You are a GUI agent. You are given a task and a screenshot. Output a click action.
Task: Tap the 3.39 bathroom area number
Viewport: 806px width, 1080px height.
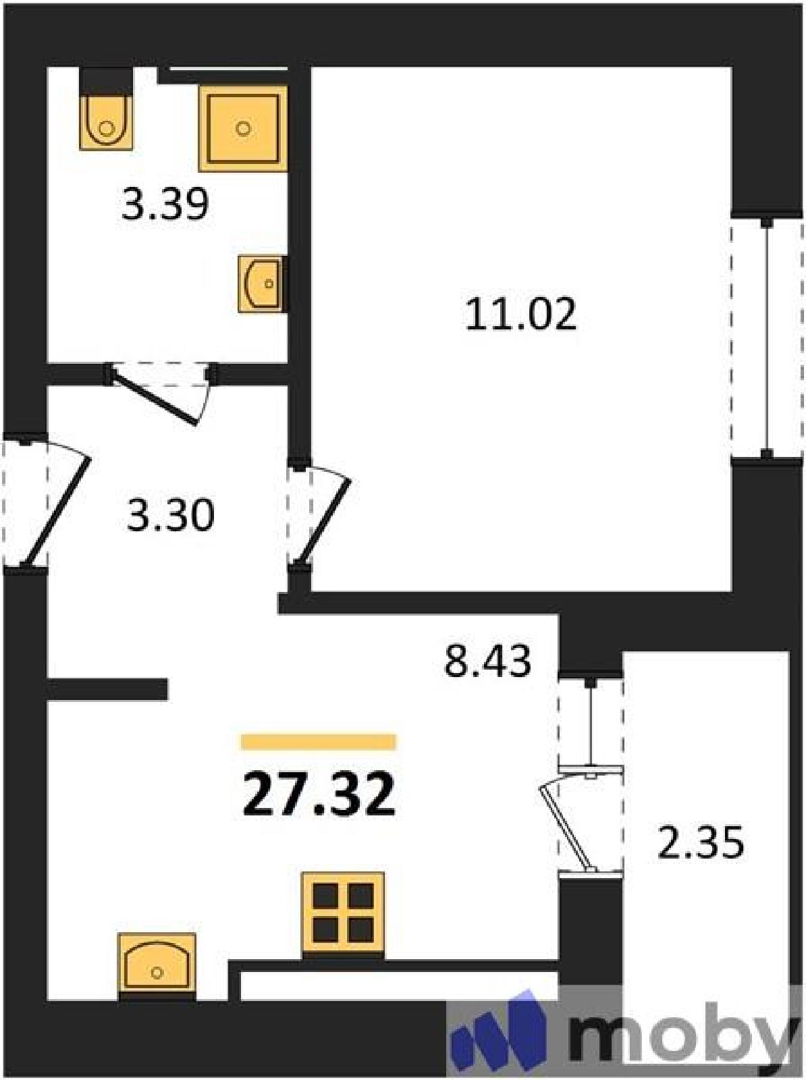[x=165, y=205]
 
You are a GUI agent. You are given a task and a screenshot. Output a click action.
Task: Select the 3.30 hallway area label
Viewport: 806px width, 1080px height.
[x=170, y=514]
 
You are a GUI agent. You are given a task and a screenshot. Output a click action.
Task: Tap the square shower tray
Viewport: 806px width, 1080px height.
[x=242, y=128]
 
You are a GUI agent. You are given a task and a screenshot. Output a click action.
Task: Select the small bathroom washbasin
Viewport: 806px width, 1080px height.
[x=263, y=284]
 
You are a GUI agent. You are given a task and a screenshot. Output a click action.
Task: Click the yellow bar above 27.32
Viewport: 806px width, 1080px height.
[x=319, y=742]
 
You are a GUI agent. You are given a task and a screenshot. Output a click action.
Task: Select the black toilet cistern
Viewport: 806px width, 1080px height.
[x=107, y=80]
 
